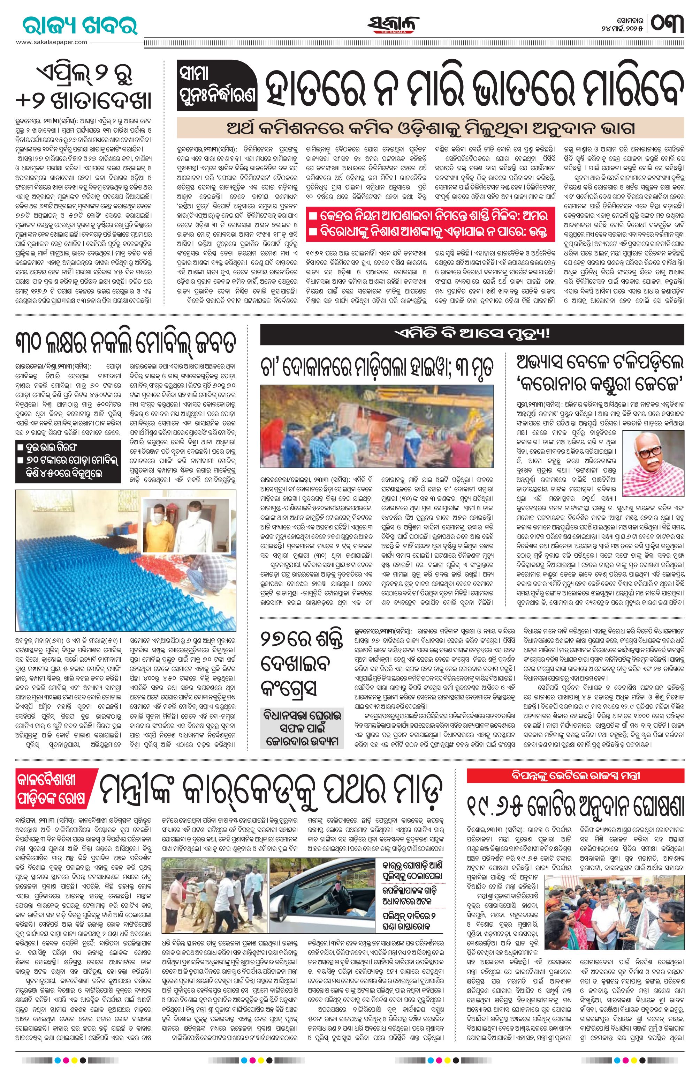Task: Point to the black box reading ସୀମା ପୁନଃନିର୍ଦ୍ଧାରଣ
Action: click(x=216, y=86)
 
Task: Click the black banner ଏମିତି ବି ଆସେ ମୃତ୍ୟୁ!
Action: click(x=472, y=335)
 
